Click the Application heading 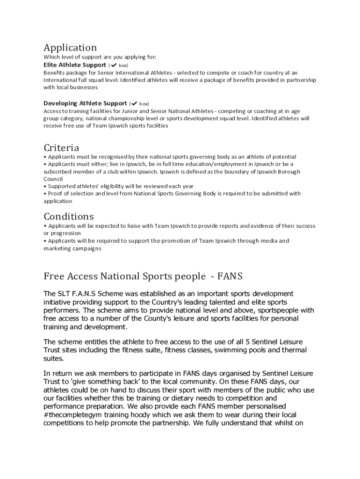click(70, 48)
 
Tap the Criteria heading click(61, 148)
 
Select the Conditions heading click(69, 217)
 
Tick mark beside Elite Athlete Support click(114, 65)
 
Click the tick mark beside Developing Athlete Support click(134, 103)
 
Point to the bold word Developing click(60, 103)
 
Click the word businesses click(84, 87)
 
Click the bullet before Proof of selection click(45, 194)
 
